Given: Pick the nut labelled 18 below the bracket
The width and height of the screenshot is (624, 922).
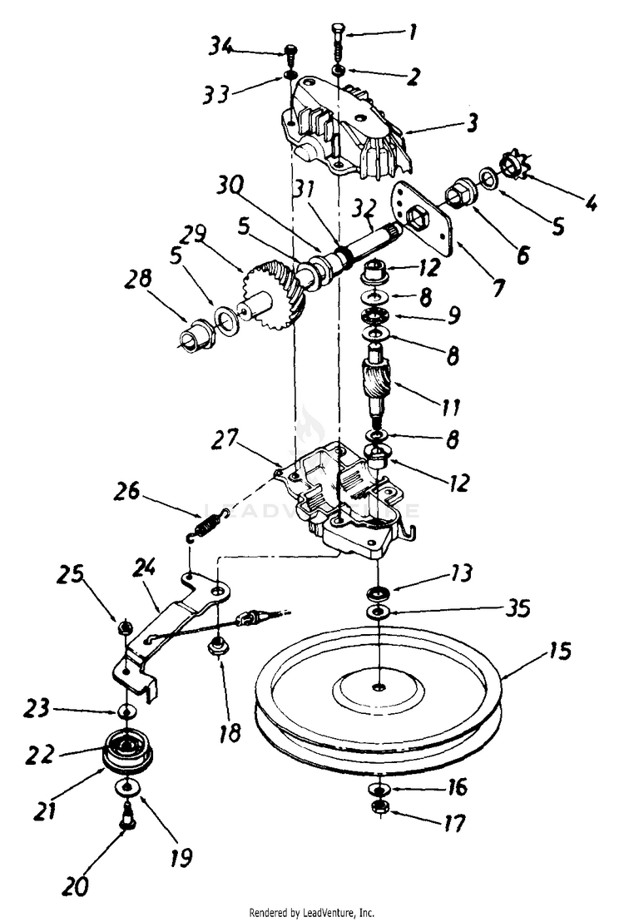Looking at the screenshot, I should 220,644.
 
